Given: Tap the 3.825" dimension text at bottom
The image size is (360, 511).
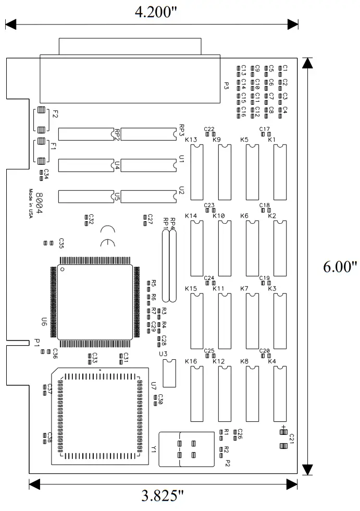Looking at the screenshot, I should click(x=163, y=495).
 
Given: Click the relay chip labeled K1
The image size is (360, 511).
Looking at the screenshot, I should click(x=280, y=173).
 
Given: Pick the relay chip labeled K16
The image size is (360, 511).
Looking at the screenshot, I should click(x=197, y=394).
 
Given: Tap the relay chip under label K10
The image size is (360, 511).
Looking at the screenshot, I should click(x=225, y=248).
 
